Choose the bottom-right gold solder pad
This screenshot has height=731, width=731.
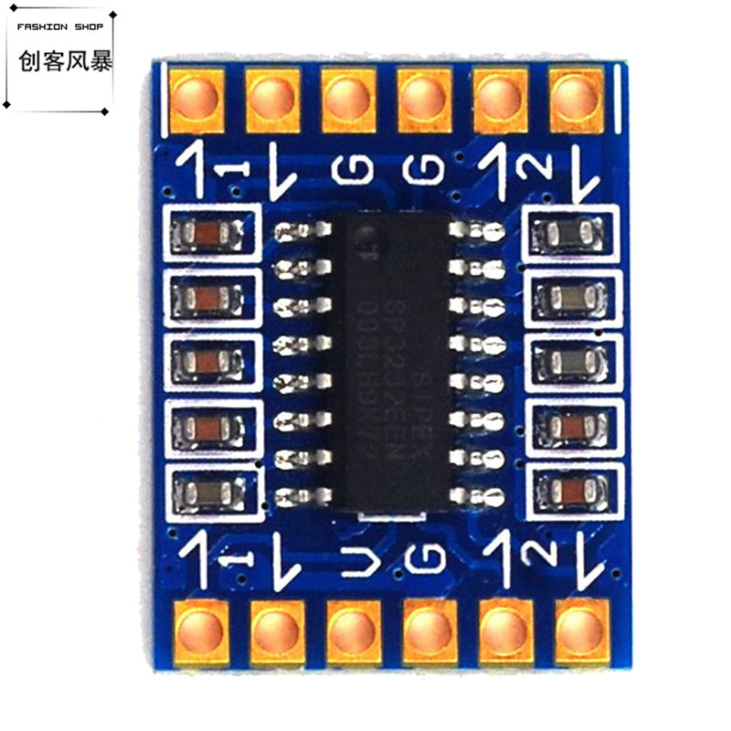580,629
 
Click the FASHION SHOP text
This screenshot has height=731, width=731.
60,26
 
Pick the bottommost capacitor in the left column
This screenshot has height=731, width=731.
210,493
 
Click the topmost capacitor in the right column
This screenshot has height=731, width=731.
569,236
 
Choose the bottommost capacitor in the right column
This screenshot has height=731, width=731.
574,492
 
